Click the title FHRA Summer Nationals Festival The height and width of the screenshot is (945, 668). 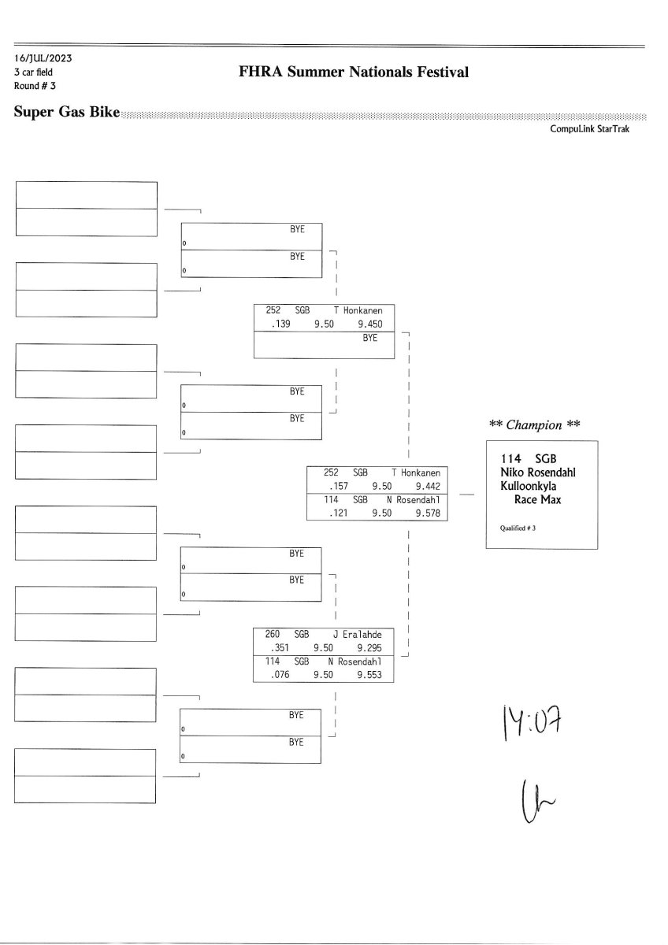(x=354, y=72)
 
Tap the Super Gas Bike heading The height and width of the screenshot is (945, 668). (x=67, y=112)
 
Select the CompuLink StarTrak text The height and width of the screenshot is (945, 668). (x=589, y=128)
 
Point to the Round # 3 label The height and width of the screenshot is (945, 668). (x=35, y=85)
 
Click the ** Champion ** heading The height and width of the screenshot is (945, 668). (x=536, y=425)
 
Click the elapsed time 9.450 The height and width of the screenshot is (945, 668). (x=369, y=323)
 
